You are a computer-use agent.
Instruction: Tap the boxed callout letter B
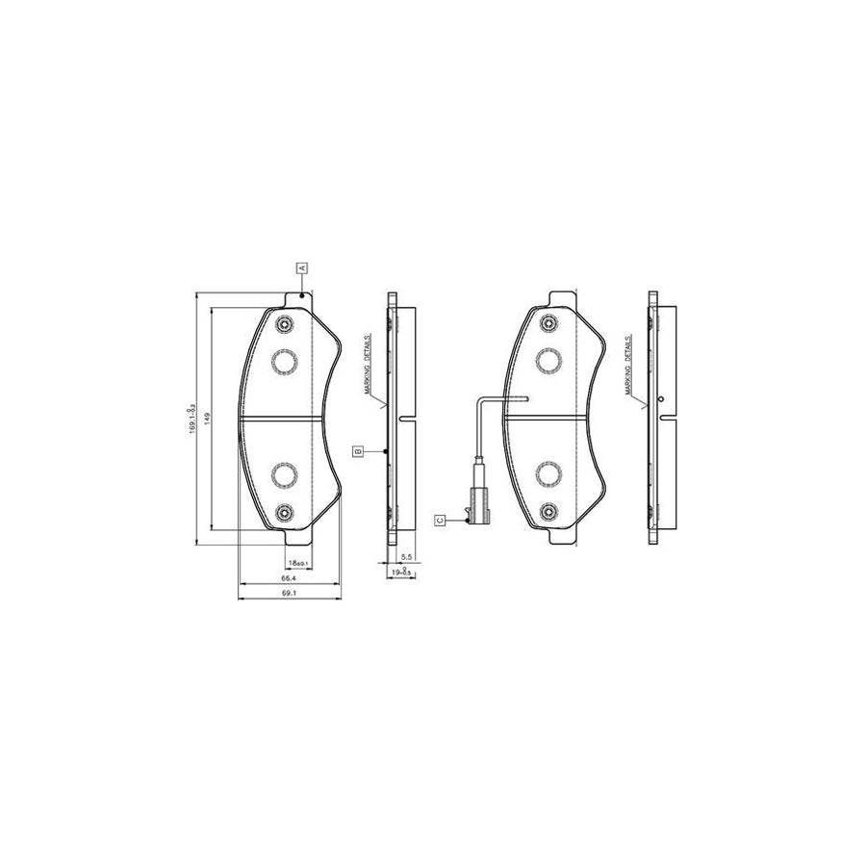(357, 450)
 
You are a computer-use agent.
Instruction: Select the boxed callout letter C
(439, 520)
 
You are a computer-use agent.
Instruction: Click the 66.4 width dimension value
(288, 578)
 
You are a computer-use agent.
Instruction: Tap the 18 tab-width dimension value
(297, 562)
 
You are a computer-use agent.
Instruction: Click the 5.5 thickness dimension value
(406, 557)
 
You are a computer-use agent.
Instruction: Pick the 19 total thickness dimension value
(401, 573)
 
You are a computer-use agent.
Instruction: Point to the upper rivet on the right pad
(548, 323)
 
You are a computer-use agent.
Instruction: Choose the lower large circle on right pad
(548, 474)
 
